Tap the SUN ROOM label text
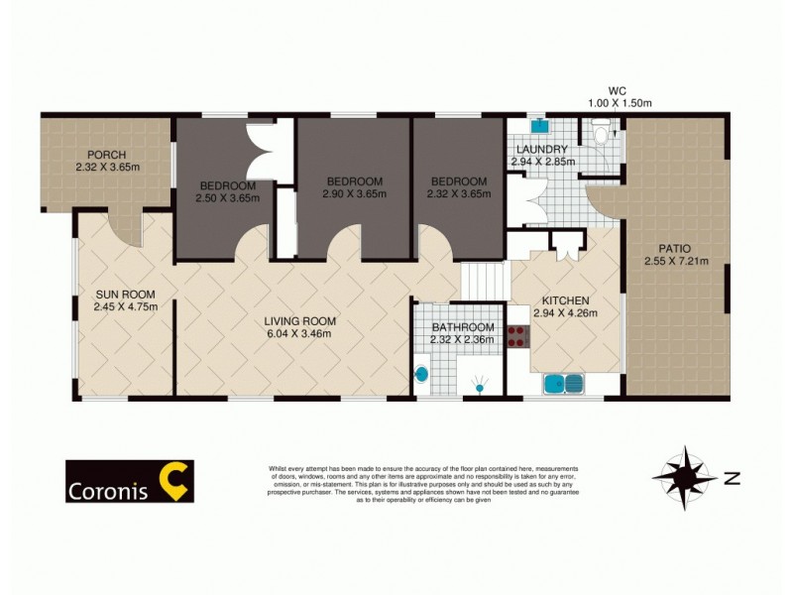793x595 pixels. pos(119,294)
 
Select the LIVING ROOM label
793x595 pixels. pos(299,321)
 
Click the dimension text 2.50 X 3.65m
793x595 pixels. pos(228,197)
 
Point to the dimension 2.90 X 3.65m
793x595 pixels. pos(353,194)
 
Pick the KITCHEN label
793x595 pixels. pos(566,300)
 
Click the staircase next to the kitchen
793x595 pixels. pos(483,282)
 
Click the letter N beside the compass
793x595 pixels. pos(732,479)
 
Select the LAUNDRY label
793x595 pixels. pos(539,150)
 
